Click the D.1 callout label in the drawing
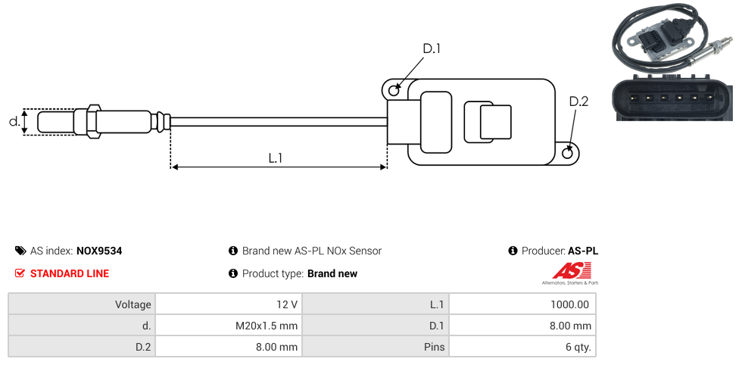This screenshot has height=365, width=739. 431,48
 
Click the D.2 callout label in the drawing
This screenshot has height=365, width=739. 578,102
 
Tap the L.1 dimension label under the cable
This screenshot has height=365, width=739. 276,158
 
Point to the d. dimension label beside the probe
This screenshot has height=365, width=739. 14,121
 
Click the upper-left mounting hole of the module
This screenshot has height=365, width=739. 394,91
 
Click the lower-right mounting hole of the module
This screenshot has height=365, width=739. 569,154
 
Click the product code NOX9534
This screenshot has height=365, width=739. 99,251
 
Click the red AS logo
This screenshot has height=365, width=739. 566,270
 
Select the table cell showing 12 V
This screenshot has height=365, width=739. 287,304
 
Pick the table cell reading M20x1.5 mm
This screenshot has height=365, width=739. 267,326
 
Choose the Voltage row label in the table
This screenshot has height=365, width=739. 133,304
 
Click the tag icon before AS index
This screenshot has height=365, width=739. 20,251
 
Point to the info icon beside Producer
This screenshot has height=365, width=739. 513,251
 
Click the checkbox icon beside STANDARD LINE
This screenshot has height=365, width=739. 20,273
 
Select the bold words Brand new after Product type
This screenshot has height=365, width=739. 332,273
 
